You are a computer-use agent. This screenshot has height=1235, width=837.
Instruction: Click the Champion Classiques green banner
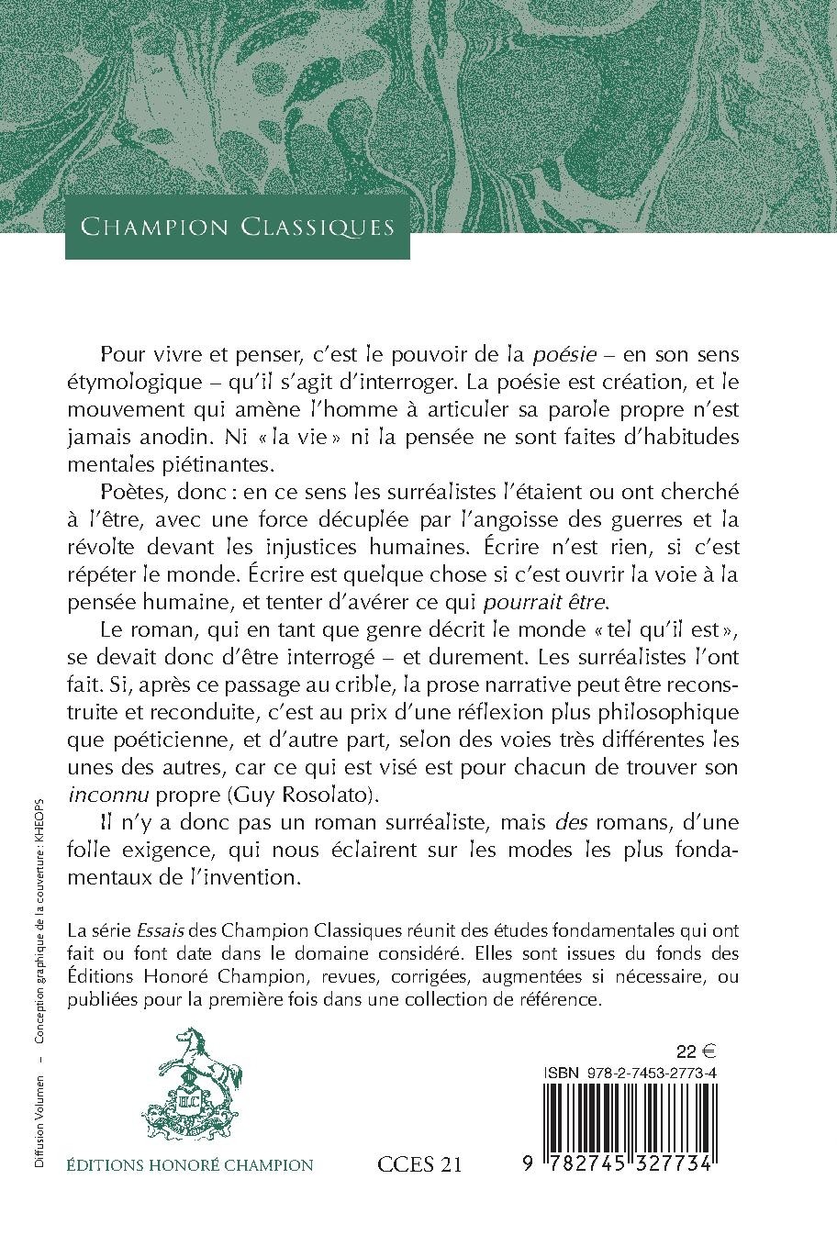click(x=238, y=227)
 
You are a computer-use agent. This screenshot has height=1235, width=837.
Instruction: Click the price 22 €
click(x=697, y=1051)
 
